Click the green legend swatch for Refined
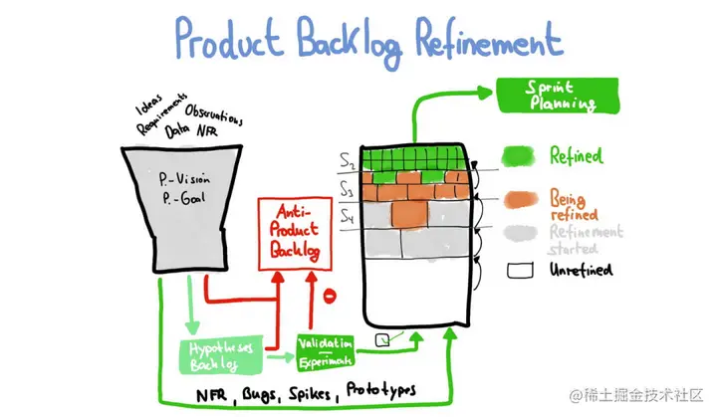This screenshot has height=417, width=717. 518,156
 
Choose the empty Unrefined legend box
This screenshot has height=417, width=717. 519,270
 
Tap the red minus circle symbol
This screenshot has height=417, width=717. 330,295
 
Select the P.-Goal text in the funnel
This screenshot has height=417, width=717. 183,198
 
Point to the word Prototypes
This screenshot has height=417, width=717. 380,388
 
